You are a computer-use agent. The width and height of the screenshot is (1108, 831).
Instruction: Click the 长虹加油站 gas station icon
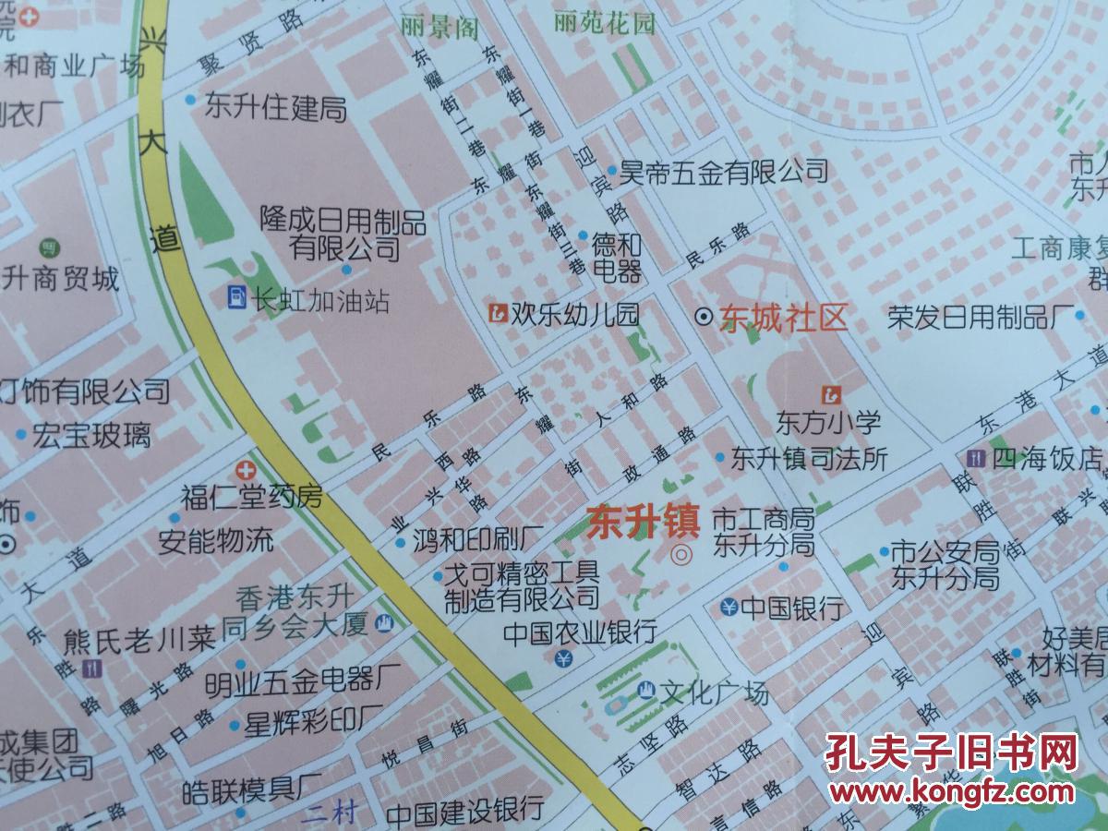click(x=237, y=297)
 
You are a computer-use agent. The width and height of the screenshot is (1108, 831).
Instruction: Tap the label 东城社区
click(x=785, y=319)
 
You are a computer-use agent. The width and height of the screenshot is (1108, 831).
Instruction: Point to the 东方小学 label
click(x=828, y=424)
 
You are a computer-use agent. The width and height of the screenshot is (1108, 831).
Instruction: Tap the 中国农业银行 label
click(x=580, y=632)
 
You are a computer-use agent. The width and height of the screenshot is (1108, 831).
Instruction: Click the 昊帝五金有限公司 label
click(x=724, y=170)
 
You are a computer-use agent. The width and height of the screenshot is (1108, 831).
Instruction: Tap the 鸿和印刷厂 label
click(x=477, y=537)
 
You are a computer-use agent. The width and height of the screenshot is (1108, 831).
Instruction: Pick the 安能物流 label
click(x=216, y=540)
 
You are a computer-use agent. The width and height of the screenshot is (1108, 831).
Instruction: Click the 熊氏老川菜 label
click(x=139, y=640)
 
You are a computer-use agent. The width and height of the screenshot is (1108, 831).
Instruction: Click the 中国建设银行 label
click(x=464, y=812)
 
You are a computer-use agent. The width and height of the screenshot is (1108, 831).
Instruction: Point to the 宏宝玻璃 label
click(x=91, y=435)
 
